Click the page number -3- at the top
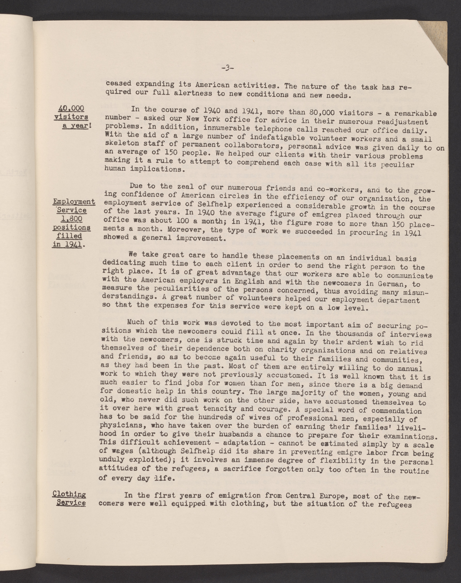pyautogui.click(x=227, y=68)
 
